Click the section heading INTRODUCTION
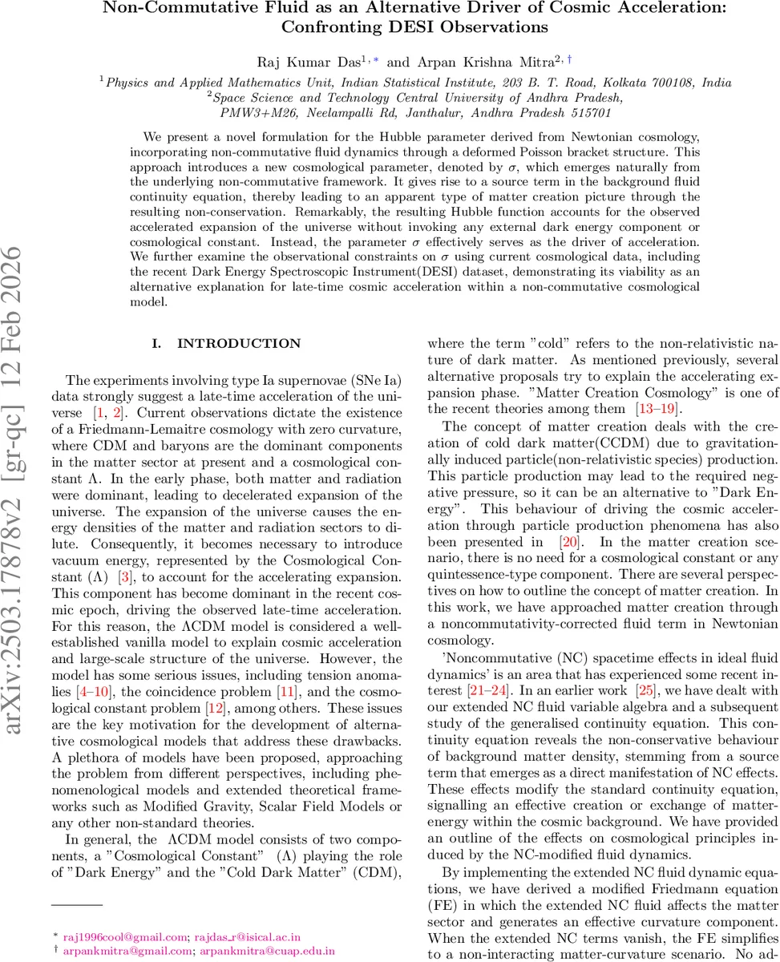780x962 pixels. coord(238,344)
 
